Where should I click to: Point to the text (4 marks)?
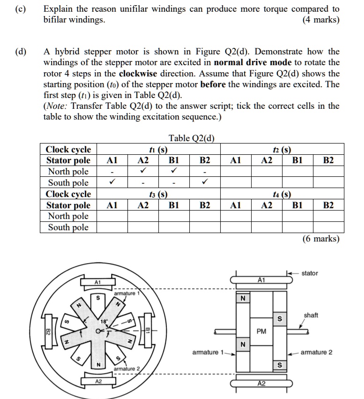321,20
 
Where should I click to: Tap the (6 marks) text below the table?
321,239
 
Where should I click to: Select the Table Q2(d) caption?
192,138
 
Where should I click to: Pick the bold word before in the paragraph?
213,84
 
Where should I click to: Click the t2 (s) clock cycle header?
282,150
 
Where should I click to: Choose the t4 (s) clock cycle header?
282,194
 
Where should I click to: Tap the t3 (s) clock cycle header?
158,194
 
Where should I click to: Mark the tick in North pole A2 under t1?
142,171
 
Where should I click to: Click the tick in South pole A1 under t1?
112,182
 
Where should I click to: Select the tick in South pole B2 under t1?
205,182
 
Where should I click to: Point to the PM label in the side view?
261,331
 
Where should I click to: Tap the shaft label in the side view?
311,315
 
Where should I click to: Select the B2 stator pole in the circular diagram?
48,332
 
